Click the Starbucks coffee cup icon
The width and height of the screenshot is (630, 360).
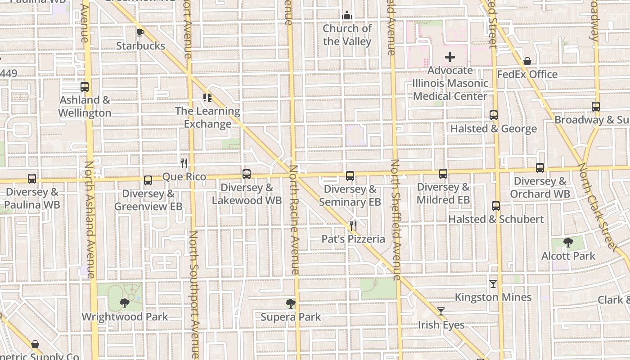pos(140,32)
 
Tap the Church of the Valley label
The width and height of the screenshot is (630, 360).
pos(347,35)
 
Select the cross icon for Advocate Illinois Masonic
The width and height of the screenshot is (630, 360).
pos(450,58)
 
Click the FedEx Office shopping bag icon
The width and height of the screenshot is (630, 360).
pos(527,61)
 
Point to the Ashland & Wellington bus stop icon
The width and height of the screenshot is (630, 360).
pos(84,87)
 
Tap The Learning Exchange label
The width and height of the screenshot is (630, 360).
pos(207,117)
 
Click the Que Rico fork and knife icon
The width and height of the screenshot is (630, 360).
pos(184,163)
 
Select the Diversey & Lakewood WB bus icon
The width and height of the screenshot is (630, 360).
pos(246,174)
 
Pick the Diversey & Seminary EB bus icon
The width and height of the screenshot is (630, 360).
pos(350,176)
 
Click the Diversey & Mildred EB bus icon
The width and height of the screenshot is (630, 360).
pos(443,174)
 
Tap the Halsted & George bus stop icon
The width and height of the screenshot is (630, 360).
pos(493,115)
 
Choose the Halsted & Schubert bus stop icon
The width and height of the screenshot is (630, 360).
pos(495,206)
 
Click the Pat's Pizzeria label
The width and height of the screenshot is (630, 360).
pos(353,239)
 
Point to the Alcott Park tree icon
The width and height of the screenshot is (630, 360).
pos(568,243)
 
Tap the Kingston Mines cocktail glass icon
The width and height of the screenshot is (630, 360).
pos(493,284)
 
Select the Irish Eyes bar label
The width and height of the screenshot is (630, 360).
pos(441,325)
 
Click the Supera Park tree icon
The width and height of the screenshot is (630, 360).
pos(291,304)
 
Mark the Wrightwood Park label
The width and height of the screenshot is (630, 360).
pos(125,317)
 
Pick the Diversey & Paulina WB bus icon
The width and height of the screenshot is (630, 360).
pos(31,179)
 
